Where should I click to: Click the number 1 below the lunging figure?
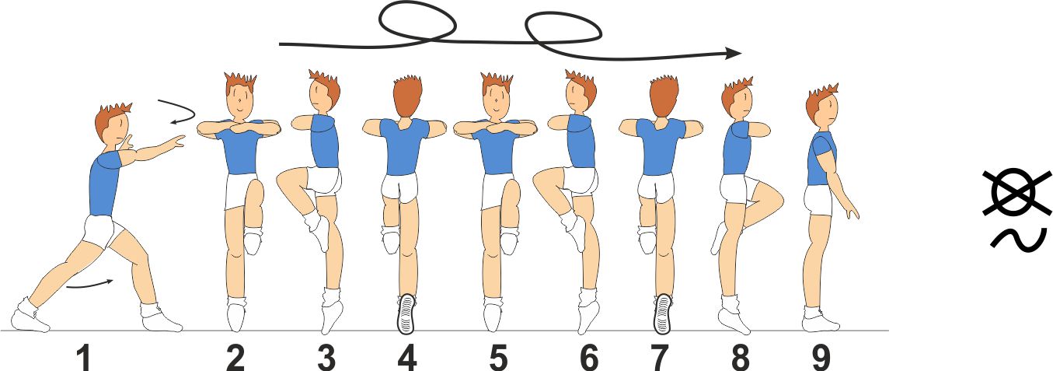coord(84,359)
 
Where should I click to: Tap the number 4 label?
coord(407,359)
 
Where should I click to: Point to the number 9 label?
coord(821,359)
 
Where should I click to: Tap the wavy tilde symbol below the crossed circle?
coord(1016,240)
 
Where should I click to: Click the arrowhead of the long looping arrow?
coord(734,54)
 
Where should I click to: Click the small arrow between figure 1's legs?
coord(90,285)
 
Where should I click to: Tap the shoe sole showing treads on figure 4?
coord(406,313)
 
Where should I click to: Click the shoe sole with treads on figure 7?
coord(663,313)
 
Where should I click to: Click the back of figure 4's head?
coord(407,97)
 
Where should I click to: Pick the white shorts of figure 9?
coord(818,201)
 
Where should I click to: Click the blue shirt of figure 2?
coord(241,149)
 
